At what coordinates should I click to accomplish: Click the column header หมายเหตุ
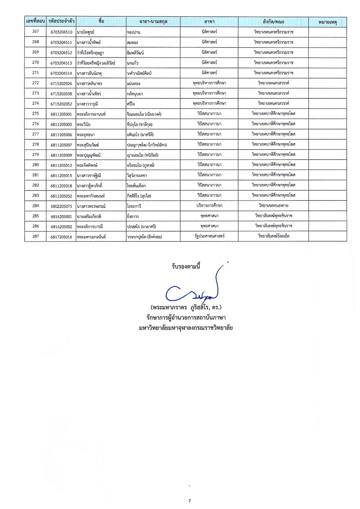(327, 22)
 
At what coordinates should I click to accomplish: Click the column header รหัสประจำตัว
(61, 21)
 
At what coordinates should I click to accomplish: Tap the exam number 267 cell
(35, 31)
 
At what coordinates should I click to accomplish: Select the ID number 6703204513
(61, 63)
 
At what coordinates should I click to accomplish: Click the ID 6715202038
(61, 94)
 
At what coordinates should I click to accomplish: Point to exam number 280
(35, 165)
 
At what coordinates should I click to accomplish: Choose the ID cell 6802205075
(61, 206)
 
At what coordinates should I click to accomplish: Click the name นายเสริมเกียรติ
(89, 217)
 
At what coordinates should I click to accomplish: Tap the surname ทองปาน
(133, 32)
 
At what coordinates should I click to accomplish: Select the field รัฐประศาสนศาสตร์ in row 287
(209, 236)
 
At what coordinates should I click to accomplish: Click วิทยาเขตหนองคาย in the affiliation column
(273, 205)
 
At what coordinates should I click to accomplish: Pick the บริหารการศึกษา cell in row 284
(209, 205)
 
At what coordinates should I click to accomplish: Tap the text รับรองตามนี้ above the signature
(186, 267)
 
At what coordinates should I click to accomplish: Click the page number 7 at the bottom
(190, 501)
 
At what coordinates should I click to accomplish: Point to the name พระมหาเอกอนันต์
(91, 237)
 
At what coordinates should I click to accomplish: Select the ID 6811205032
(61, 196)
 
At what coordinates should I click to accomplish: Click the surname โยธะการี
(134, 206)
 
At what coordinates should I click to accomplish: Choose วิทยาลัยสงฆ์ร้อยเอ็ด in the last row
(273, 236)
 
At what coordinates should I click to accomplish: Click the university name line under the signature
(186, 328)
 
